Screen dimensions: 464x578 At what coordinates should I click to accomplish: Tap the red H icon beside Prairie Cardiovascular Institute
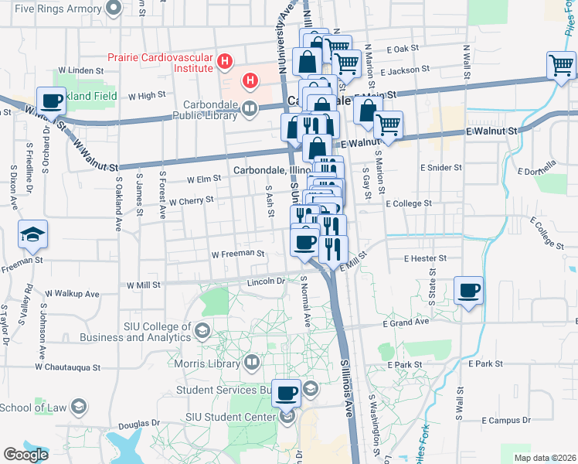pyautogui.click(x=225, y=60)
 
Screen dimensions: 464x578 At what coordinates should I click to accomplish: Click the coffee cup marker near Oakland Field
pyautogui.click(x=52, y=101)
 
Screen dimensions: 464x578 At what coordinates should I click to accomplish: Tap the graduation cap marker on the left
pyautogui.click(x=33, y=234)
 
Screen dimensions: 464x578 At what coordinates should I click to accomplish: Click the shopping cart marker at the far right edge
pyautogui.click(x=562, y=66)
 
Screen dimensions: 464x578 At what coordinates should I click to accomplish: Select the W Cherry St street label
pyautogui.click(x=191, y=200)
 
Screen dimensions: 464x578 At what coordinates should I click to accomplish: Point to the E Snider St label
pyautogui.click(x=440, y=167)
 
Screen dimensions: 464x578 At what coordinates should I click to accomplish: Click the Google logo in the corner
pyautogui.click(x=26, y=455)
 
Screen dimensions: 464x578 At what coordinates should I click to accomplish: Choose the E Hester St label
pyautogui.click(x=425, y=258)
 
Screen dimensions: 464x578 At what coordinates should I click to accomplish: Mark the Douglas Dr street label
pyautogui.click(x=139, y=424)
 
